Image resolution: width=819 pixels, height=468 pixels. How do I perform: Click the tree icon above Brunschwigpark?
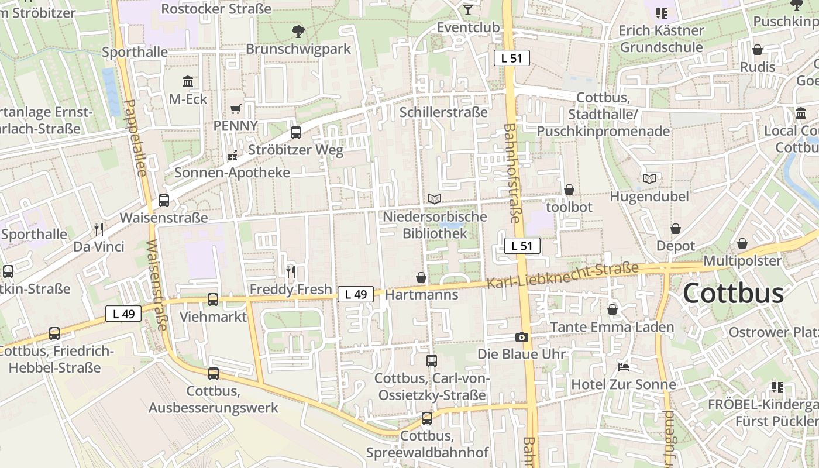point(298,32)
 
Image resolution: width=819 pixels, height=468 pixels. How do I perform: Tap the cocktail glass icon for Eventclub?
point(468,9)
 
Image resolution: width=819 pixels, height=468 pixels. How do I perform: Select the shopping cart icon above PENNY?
point(236,109)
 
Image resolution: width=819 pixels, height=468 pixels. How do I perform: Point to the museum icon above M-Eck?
point(188,81)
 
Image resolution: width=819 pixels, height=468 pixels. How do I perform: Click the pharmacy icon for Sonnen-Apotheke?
point(232,156)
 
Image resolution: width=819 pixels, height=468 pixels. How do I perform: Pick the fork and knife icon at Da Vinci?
point(99,229)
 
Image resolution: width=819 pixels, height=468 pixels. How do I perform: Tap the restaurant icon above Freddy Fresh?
point(291,271)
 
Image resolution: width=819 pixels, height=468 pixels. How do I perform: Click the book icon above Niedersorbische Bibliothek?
point(435,199)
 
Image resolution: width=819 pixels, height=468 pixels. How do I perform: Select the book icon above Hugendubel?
point(649,178)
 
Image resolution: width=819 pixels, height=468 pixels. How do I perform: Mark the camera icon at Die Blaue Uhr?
point(521,337)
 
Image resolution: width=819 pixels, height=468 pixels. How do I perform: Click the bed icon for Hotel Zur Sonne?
point(624,367)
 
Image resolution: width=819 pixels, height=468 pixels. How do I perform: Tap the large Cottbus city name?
point(733,293)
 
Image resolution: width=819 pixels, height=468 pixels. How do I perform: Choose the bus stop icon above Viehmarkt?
point(213,300)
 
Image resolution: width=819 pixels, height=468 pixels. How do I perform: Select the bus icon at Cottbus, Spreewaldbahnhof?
point(427,418)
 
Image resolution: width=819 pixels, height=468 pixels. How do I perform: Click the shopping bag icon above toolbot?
point(569,190)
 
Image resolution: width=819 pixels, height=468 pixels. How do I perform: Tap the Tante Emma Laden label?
point(612,326)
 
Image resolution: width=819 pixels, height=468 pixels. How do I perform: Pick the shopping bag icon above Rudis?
point(758,50)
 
